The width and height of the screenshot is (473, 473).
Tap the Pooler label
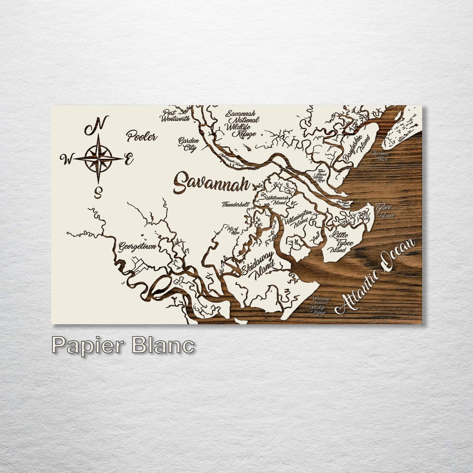click(142, 136)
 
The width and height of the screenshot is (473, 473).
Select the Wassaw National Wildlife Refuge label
click(319, 306)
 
